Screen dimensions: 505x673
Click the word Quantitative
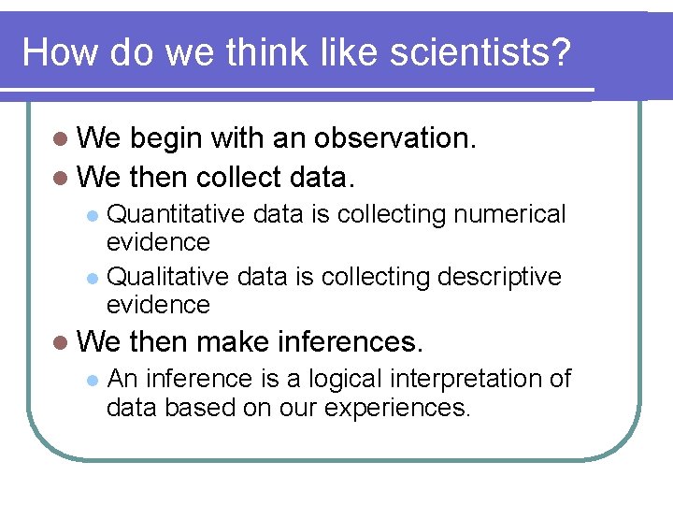point(177,214)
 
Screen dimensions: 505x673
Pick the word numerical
point(509,214)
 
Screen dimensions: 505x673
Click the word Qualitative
point(169,278)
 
